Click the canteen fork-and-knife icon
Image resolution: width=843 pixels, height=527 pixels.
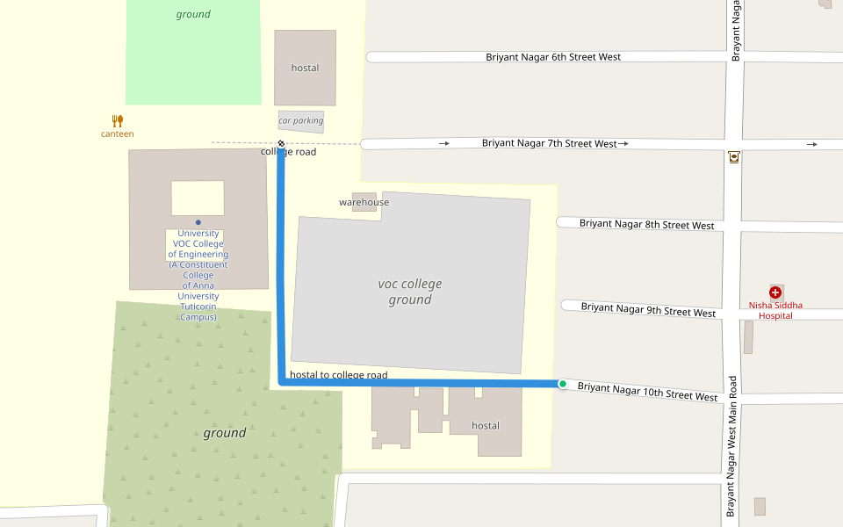118,120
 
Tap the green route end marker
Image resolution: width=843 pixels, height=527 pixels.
562,384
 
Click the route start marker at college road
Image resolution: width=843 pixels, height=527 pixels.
281,143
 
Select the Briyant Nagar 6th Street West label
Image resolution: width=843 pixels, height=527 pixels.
553,57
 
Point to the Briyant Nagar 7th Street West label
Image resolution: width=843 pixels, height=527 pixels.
550,143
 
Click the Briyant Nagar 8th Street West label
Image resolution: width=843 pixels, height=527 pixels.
646,225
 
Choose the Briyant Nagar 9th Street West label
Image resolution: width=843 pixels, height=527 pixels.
648,310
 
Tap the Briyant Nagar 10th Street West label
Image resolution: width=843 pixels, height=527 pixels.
647,392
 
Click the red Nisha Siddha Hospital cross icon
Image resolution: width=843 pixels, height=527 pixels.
775,292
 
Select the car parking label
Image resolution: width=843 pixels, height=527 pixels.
301,121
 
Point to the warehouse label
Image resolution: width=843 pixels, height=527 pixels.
364,202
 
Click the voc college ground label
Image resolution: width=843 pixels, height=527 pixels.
410,292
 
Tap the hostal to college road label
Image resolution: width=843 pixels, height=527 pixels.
338,375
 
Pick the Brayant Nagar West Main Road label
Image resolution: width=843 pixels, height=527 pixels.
731,446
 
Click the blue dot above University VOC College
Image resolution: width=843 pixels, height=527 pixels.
198,222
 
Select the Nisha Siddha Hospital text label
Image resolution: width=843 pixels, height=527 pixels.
775,311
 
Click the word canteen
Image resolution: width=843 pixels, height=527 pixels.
118,134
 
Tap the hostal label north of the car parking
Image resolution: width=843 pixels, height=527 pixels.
305,68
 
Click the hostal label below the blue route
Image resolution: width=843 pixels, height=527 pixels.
486,426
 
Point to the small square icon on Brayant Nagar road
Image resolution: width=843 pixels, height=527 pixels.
734,158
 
